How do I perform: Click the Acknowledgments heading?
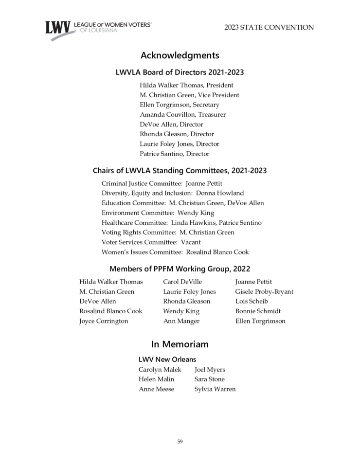click(180, 55)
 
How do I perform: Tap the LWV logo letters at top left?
click(58, 29)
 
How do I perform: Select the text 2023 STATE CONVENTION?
click(269, 28)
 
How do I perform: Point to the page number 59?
click(180, 441)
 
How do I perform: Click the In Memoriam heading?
click(180, 344)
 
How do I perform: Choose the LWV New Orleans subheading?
click(167, 359)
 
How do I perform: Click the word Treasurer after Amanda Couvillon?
click(212, 115)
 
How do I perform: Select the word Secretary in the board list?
click(206, 105)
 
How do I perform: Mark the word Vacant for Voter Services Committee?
click(191, 242)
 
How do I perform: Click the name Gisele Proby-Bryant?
click(264, 292)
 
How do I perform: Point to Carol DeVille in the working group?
click(182, 282)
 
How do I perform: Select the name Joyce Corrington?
click(104, 321)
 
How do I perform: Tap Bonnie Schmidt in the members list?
click(258, 311)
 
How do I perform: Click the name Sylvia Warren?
click(215, 389)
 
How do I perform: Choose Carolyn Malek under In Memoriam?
click(160, 370)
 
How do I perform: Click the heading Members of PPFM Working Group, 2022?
click(180, 269)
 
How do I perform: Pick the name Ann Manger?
click(181, 321)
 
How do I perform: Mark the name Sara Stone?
click(209, 379)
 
